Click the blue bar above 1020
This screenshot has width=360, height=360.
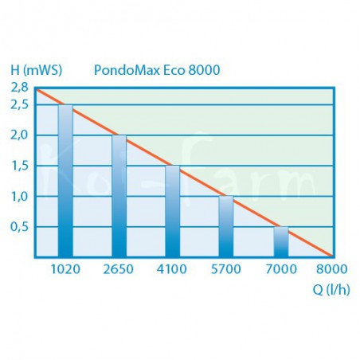tap(65, 180)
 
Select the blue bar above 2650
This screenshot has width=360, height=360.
tap(119, 195)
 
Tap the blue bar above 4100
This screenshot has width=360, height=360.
tap(173, 210)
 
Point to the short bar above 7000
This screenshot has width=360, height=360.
tap(280, 241)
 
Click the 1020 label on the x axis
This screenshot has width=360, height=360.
tap(65, 270)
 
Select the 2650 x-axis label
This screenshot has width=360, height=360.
tap(119, 270)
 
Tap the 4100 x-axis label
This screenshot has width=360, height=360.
tap(173, 270)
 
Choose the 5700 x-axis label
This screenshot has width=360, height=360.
tap(226, 270)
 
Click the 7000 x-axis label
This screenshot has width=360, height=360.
tap(280, 270)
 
